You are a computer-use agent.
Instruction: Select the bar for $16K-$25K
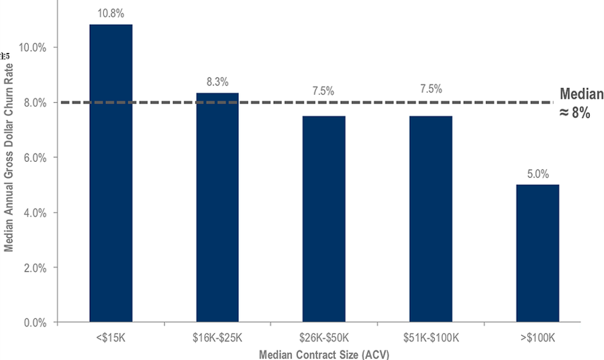click(217, 208)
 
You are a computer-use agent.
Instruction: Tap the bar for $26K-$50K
click(323, 219)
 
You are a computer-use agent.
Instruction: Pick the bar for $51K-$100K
click(430, 219)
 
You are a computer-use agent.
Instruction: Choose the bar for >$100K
click(537, 253)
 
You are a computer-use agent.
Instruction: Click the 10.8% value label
click(111, 13)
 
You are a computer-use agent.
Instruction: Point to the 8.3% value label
click(217, 82)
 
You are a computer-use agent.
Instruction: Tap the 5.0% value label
click(537, 173)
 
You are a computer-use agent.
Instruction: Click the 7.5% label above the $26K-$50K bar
click(323, 91)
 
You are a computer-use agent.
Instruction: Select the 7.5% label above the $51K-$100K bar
click(430, 91)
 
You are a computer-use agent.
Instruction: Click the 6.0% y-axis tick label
click(34, 158)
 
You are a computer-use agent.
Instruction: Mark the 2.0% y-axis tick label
click(34, 267)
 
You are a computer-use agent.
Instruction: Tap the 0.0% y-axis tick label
click(34, 322)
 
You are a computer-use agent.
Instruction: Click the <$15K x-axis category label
click(111, 335)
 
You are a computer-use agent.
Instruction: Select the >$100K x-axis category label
click(537, 335)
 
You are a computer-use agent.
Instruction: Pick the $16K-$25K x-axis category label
click(217, 335)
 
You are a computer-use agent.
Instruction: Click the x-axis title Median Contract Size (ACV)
click(323, 352)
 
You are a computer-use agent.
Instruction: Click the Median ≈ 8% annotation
click(581, 104)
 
